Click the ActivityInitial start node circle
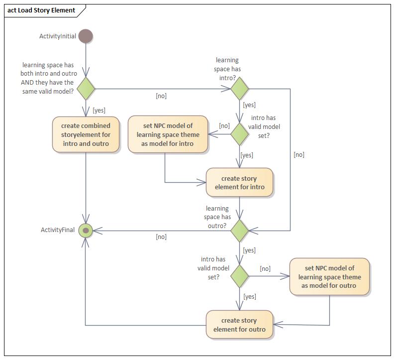tap(86, 36)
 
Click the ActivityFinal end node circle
tap(86, 230)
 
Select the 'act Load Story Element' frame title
tap(41, 10)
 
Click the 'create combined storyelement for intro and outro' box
tap(86, 134)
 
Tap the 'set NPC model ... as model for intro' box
tap(168, 134)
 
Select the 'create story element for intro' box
tap(239, 183)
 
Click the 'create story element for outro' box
tap(239, 325)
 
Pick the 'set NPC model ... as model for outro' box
tap(329, 277)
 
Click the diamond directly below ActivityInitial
tap(86, 89)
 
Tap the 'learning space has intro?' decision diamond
tap(239, 89)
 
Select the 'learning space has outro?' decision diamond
tap(239, 231)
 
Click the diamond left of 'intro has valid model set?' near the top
tap(239, 134)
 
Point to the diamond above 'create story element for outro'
tap(239, 276)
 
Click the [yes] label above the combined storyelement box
tap(99, 110)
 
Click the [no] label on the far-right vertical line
tap(298, 155)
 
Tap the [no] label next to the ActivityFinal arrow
tap(161, 237)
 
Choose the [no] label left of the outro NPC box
tap(265, 269)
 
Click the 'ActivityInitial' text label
tap(58, 36)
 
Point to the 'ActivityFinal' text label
tap(58, 230)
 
